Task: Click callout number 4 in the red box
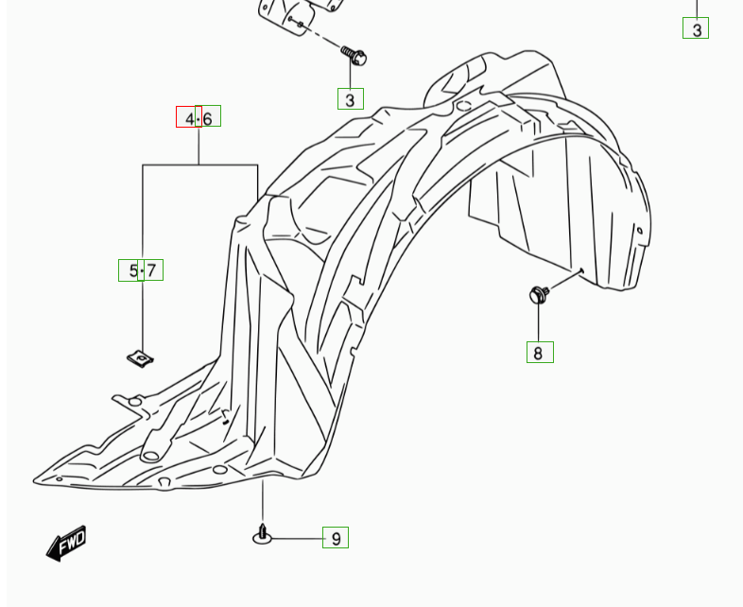[x=189, y=117]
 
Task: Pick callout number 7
[x=150, y=270]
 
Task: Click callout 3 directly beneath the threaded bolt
[x=351, y=99]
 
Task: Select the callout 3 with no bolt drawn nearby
[x=696, y=28]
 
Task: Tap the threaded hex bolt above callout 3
[x=354, y=56]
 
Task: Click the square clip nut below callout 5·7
[x=140, y=358]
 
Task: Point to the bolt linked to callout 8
[x=539, y=294]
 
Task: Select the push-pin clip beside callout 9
[x=263, y=534]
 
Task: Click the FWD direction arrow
[x=66, y=543]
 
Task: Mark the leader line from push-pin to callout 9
[x=297, y=539]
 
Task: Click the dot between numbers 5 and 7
[x=142, y=271]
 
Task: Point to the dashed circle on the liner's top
[x=464, y=106]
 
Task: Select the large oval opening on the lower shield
[x=150, y=456]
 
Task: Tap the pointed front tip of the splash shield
[x=34, y=481]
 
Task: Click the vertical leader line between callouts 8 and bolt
[x=539, y=322]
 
